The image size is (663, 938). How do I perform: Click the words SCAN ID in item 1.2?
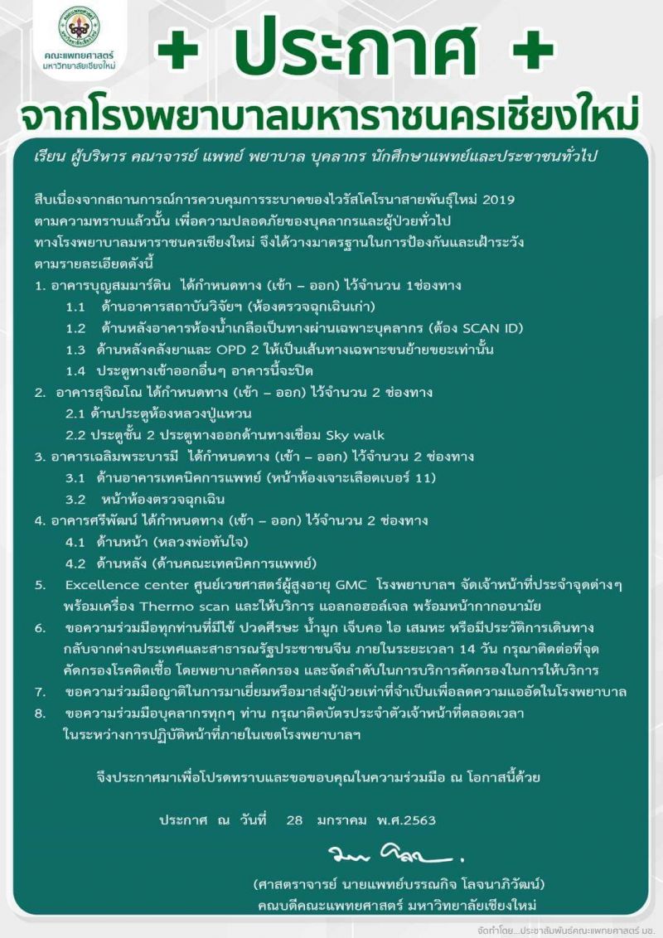click(x=490, y=328)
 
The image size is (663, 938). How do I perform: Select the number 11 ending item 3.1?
click(x=428, y=477)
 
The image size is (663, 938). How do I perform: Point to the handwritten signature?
click(x=396, y=851)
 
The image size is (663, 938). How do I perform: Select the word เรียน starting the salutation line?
click(x=52, y=157)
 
